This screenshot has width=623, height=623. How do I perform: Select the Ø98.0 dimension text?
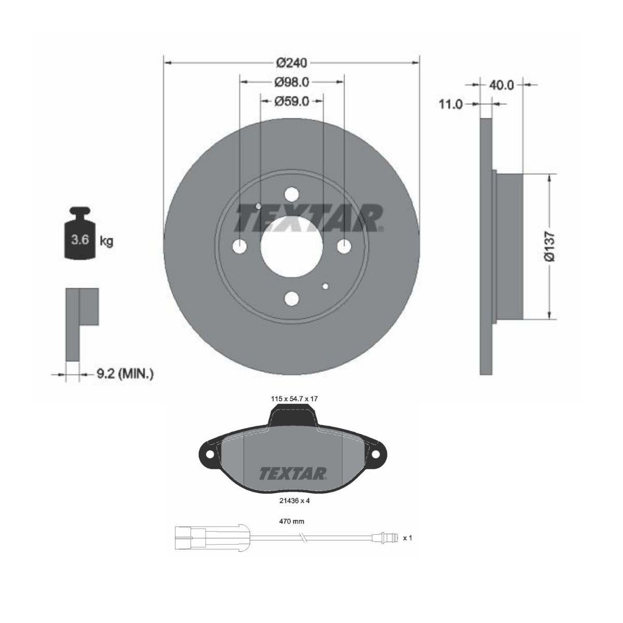click(292, 82)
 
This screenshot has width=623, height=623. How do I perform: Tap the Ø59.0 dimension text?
click(292, 101)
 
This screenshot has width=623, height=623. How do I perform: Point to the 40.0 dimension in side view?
click(502, 85)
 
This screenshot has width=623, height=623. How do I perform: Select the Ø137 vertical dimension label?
click(550, 247)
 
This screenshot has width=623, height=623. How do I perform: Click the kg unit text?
click(106, 241)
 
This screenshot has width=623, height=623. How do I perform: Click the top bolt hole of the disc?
click(292, 194)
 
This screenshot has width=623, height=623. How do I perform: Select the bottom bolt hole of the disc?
click(292, 299)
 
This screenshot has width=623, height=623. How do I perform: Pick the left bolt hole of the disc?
click(239, 247)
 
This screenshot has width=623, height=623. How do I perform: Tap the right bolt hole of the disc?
click(344, 247)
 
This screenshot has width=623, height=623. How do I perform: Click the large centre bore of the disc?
click(291, 247)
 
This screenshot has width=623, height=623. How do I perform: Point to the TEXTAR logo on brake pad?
click(293, 473)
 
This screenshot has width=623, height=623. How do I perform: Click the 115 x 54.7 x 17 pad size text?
click(294, 398)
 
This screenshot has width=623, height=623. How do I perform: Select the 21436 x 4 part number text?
click(294, 501)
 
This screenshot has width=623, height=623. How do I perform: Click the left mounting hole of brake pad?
click(210, 454)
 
